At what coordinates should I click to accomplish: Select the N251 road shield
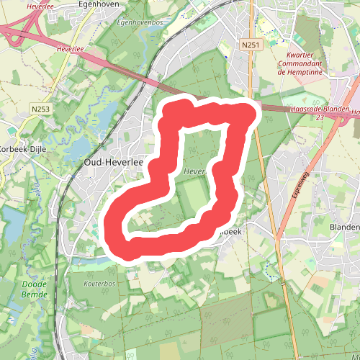coord(250,45)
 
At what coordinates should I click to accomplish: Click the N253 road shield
coord(41,109)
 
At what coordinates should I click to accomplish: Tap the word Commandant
coord(302,63)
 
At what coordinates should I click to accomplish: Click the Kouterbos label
coord(99,284)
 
